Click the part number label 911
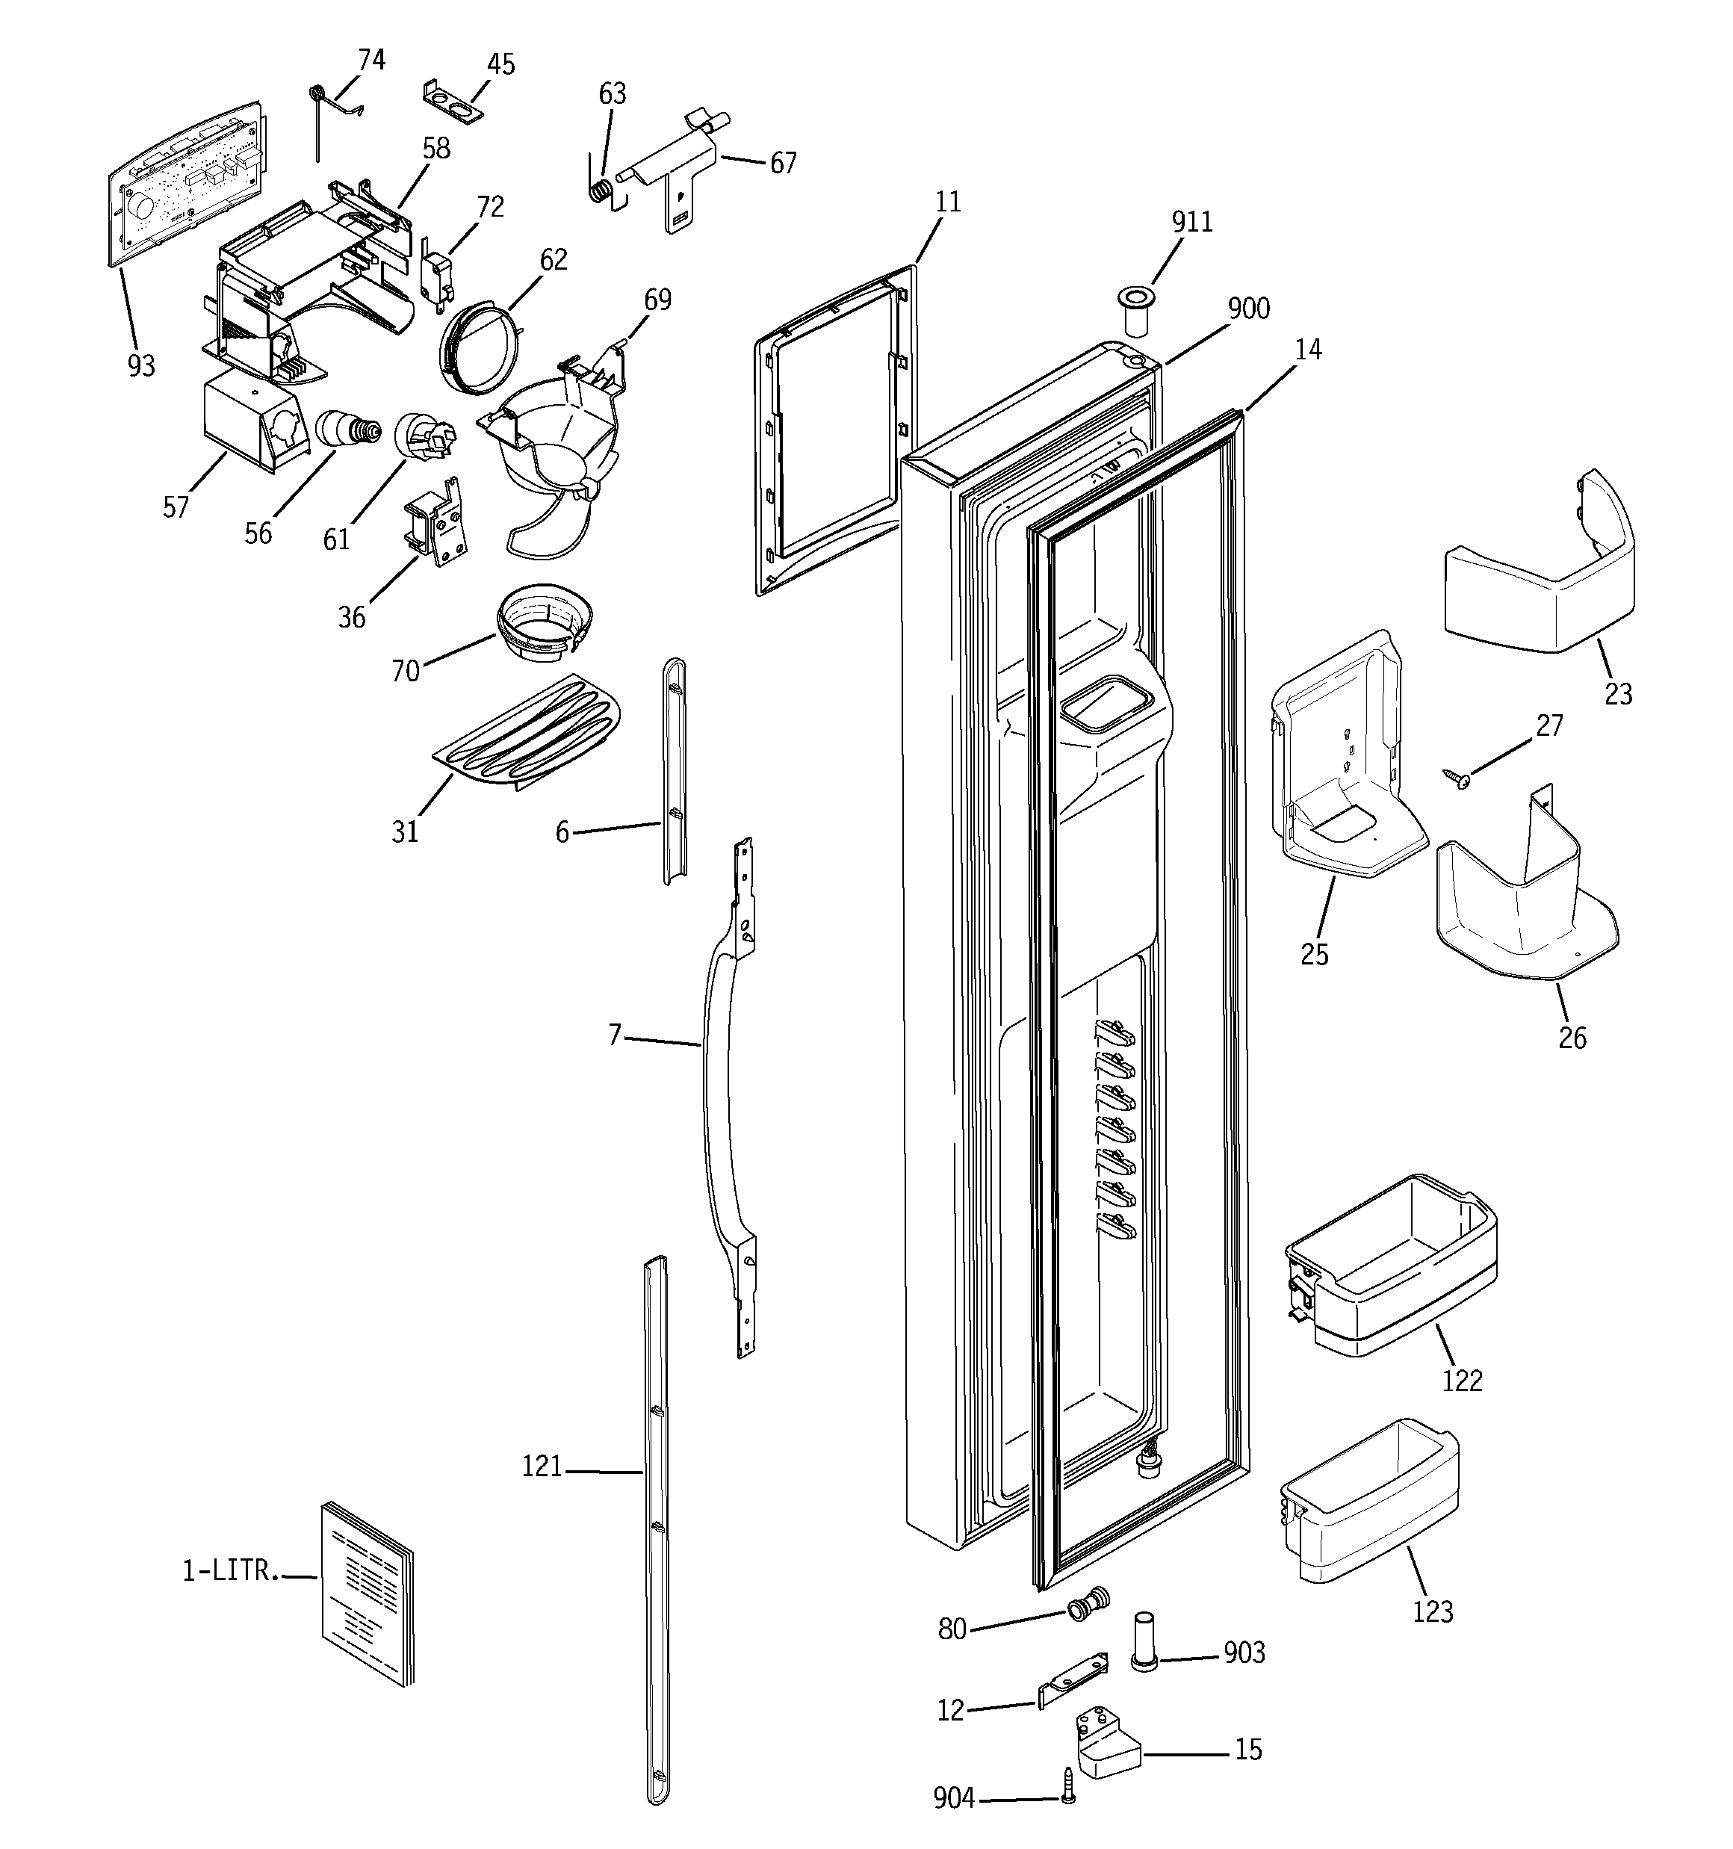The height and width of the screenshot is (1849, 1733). pyautogui.click(x=1191, y=223)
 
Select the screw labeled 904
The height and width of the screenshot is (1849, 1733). pyautogui.click(x=1068, y=1812)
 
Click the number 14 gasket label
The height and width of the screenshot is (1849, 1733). pyautogui.click(x=1307, y=350)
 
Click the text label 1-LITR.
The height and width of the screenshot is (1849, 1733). pyautogui.click(x=230, y=1571)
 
